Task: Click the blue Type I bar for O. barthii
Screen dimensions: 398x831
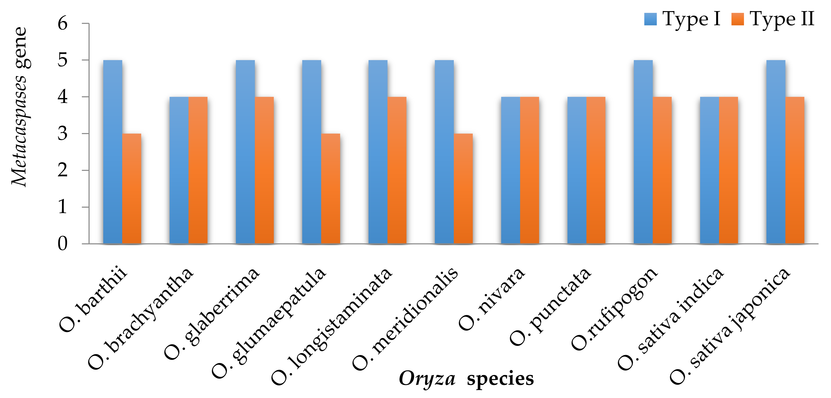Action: (113, 152)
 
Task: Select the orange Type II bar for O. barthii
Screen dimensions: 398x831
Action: (132, 188)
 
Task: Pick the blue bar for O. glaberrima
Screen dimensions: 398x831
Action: (245, 152)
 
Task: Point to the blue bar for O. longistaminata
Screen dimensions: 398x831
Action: (378, 152)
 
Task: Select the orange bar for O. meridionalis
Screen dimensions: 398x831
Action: (463, 188)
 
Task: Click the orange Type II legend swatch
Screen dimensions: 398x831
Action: (737, 19)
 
